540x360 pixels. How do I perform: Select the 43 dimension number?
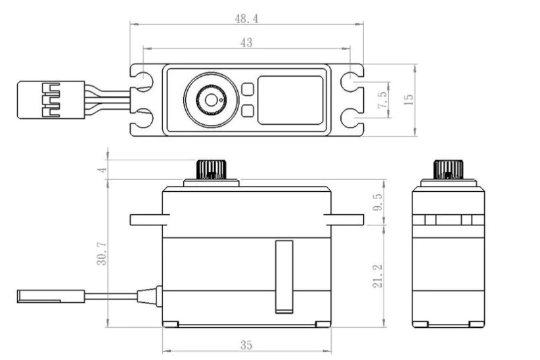[247, 43]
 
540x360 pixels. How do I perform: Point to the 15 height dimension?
[408, 100]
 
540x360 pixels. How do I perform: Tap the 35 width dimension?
[247, 344]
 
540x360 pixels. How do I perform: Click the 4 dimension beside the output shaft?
[101, 169]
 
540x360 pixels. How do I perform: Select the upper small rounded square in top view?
[248, 89]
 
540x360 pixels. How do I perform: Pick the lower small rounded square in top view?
[248, 111]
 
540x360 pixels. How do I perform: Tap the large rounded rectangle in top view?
[290, 100]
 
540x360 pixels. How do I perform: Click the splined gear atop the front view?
[210, 169]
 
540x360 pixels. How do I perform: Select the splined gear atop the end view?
[447, 169]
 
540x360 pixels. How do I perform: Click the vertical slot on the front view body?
[283, 275]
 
